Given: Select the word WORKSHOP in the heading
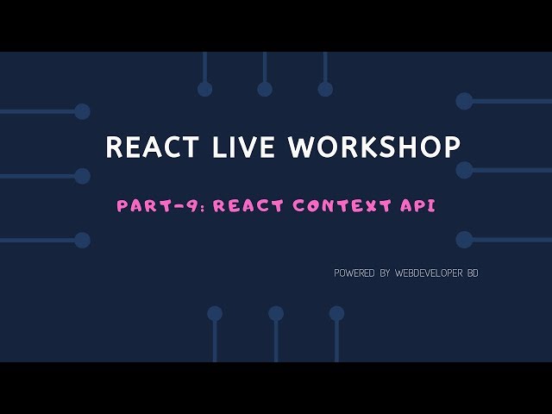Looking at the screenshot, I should [374, 147].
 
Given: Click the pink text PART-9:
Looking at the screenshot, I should [160, 206].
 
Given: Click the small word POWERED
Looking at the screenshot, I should [354, 273].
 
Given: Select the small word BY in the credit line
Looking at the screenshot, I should [385, 273].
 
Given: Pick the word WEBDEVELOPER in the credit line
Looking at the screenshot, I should [429, 273].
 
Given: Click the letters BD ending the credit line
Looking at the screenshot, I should [472, 273].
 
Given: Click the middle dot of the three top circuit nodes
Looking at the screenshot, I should [265, 89].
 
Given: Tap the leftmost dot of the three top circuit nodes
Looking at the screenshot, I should [204, 89].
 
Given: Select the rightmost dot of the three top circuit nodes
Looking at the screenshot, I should [325, 89].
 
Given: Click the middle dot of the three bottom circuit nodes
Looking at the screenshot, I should [276, 313].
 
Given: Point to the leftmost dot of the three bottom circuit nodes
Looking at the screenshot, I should [215, 313].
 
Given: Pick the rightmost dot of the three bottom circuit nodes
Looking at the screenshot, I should [336, 313].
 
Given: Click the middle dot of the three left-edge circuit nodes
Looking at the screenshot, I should [82, 176].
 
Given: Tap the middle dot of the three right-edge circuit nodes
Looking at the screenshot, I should [464, 170].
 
